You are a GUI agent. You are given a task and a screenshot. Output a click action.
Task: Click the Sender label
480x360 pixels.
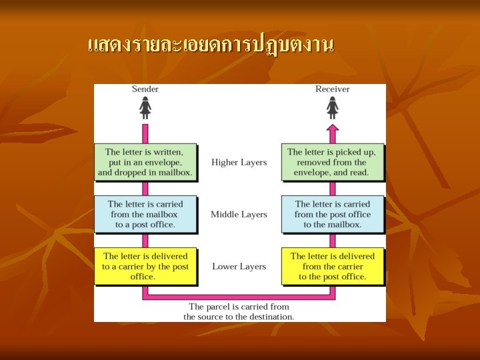(x=145, y=89)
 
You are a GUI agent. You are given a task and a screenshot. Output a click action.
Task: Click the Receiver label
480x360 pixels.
(x=332, y=89)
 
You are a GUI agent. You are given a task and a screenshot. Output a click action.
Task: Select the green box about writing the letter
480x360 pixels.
(x=146, y=162)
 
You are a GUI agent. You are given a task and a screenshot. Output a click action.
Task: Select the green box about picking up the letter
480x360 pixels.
(x=332, y=162)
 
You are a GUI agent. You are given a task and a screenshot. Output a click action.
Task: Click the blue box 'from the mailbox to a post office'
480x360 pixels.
(x=145, y=214)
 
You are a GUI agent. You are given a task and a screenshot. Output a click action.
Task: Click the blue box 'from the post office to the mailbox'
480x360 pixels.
(x=332, y=214)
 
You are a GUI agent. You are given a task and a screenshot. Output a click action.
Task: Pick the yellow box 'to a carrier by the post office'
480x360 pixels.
(x=145, y=266)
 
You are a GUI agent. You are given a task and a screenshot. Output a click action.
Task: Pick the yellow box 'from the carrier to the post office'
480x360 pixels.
(x=332, y=266)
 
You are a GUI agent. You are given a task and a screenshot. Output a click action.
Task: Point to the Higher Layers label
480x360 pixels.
(x=239, y=162)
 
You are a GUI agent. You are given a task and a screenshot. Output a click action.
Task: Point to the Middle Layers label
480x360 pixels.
(x=239, y=214)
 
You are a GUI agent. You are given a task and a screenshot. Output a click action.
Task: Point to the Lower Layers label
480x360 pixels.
(x=239, y=267)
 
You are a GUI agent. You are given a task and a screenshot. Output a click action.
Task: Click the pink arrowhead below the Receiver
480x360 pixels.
(x=332, y=128)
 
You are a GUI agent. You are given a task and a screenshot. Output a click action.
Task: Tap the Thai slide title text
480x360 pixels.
(x=210, y=45)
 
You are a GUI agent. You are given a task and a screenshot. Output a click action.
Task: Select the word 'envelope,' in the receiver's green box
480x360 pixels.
(x=311, y=173)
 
